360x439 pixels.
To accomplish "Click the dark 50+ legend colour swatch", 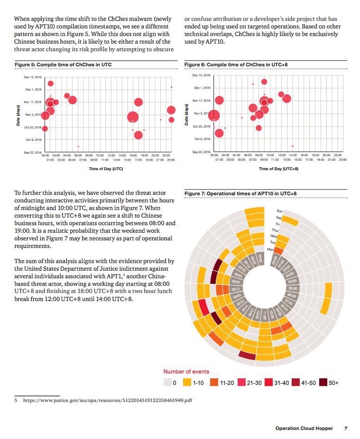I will coord(323,383).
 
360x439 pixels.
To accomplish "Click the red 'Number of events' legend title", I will coord(186,372).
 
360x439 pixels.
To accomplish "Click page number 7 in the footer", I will coord(346,429).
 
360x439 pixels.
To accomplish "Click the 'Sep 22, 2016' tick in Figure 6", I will coord(201,152).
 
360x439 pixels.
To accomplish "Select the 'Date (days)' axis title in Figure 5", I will coord(18,115).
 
